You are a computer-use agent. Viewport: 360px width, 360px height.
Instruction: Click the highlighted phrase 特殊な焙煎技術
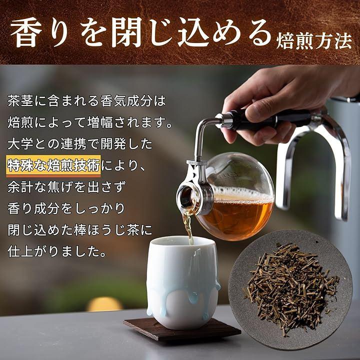(x=53, y=165)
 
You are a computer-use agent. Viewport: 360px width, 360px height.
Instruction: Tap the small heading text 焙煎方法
(x=314, y=41)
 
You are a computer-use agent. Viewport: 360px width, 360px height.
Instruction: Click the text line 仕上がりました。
(x=57, y=252)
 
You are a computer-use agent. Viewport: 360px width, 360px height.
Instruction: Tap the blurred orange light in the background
(x=104, y=303)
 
